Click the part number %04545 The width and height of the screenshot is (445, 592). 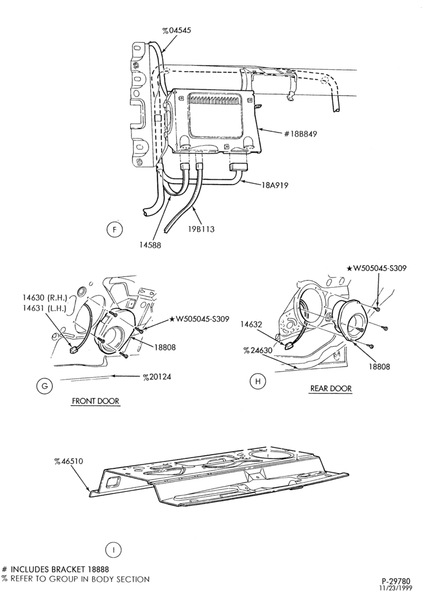pos(177,30)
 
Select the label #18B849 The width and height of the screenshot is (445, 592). pos(300,134)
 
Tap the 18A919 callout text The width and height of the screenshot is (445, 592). pos(275,185)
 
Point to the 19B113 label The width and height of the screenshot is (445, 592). pos(201,229)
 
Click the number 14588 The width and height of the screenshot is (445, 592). pos(150,245)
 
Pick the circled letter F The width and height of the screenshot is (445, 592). pos(114,229)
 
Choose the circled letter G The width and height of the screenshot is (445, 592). pos(44,386)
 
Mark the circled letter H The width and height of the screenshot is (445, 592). pos(258,381)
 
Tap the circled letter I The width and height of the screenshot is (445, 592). pos(113,549)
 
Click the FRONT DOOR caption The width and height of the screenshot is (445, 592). pos(95,401)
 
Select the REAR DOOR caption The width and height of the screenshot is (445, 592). pos(331,388)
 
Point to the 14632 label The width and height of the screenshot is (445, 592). pos(253,324)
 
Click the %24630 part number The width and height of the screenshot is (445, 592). pos(257,350)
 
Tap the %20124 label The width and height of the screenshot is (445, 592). pos(157,377)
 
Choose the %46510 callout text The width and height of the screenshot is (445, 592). pos(68,461)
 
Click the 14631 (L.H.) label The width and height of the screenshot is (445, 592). pos(44,308)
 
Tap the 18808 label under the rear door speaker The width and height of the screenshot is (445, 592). pos(379,366)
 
